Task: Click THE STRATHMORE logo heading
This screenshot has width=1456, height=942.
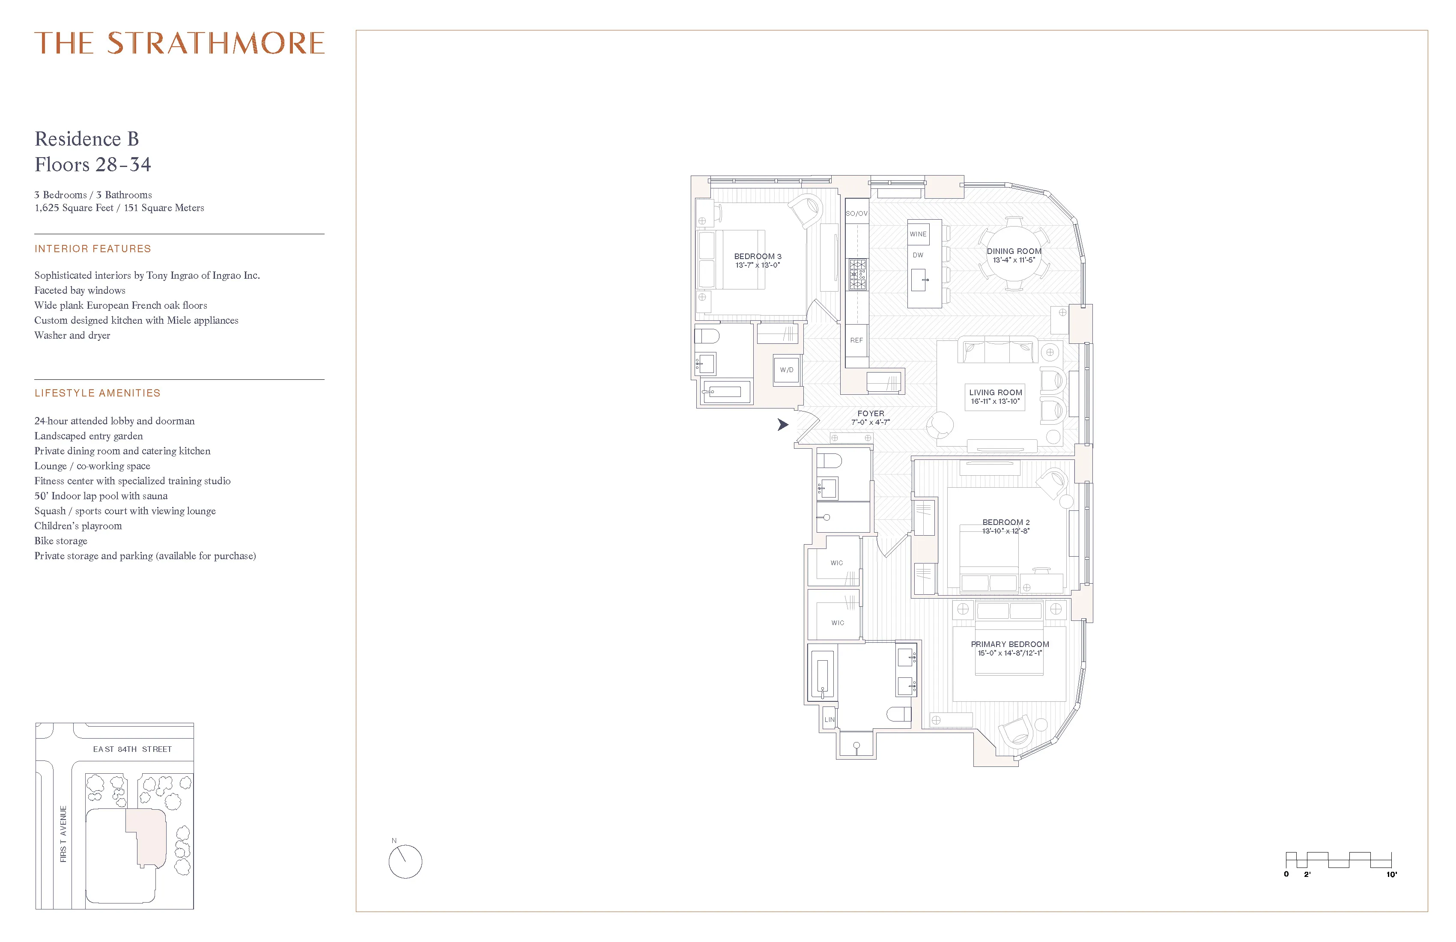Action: pos(179,43)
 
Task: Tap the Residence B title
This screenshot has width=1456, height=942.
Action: pos(87,140)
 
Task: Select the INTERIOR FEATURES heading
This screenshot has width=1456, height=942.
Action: pos(92,249)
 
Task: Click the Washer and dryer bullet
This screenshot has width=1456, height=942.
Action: pos(72,335)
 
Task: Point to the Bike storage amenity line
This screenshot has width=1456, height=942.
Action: pos(60,541)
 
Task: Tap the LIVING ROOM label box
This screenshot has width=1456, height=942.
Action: pos(995,396)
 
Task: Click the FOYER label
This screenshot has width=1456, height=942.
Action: pos(871,417)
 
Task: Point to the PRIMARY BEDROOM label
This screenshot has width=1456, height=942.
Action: pos(1009,648)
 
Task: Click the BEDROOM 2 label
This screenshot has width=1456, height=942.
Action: pos(1006,526)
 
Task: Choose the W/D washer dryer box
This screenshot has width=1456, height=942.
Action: pos(787,370)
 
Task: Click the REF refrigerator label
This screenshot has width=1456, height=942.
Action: pos(856,340)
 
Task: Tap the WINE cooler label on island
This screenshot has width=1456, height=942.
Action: pos(918,234)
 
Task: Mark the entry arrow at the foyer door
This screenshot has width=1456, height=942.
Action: pos(782,424)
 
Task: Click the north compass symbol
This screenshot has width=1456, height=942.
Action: pos(405,861)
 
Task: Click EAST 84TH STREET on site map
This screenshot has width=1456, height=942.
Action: pos(132,749)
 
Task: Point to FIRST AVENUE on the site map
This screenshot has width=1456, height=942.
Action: pos(63,834)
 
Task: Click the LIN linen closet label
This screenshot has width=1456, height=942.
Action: pos(829,720)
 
